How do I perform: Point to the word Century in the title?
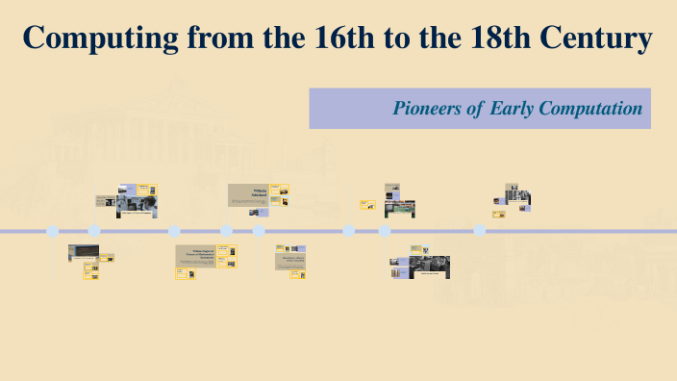[x=597, y=39]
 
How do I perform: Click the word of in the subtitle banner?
[x=475, y=109]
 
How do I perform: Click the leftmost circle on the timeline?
[x=53, y=231]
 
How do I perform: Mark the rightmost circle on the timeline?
[x=480, y=231]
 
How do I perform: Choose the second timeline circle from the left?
[x=94, y=231]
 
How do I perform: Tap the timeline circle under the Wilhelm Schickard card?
[x=259, y=231]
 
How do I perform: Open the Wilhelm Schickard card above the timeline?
[x=247, y=195]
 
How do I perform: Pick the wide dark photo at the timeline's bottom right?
[x=430, y=267]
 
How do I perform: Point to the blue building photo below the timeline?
[x=83, y=253]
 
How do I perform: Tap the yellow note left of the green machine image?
[x=367, y=204]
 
